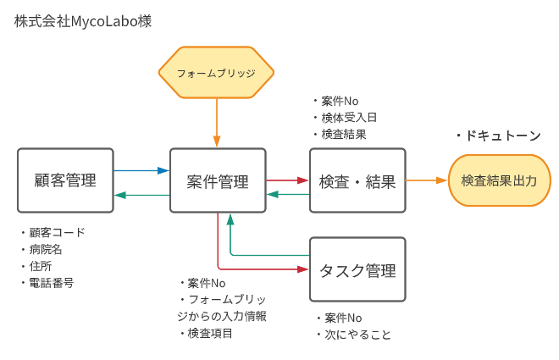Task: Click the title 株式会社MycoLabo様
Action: (83, 21)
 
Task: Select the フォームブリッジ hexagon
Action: (216, 73)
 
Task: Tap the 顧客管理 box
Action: (65, 180)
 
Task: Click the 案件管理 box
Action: (218, 181)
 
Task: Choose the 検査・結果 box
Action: (357, 181)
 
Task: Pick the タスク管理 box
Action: (357, 270)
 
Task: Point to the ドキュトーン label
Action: (498, 136)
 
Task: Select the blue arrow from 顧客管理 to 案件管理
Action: (141, 170)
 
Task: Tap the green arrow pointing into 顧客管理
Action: (141, 195)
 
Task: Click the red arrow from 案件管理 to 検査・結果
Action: (288, 180)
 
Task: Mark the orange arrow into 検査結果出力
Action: (426, 180)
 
